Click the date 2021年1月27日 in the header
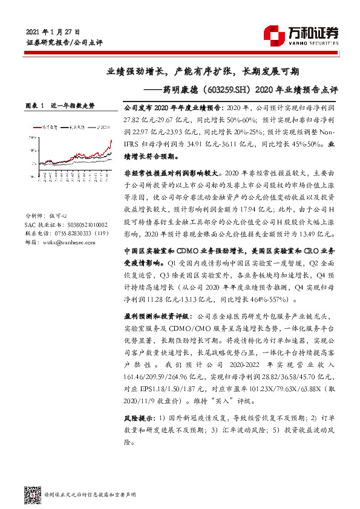(53, 31)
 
